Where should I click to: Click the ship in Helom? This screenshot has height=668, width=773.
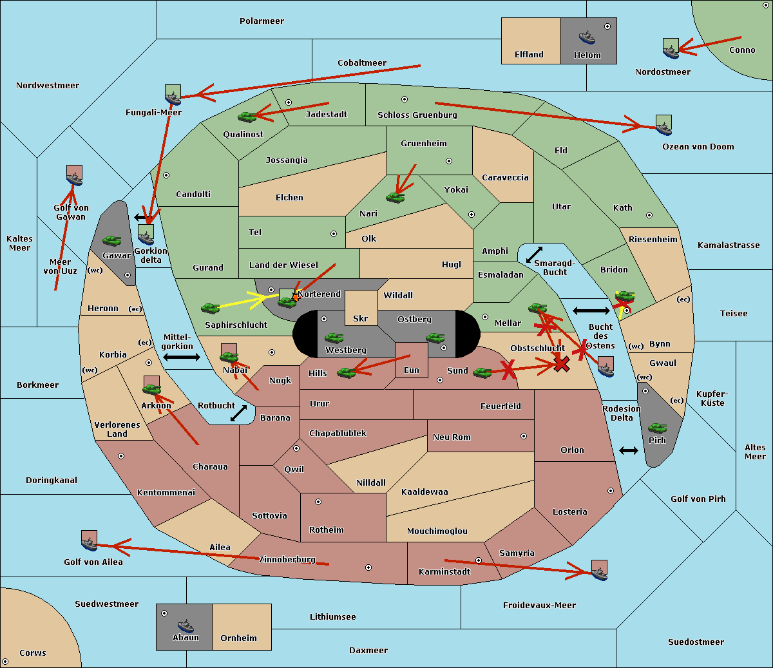tap(587, 37)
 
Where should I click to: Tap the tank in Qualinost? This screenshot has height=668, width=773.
tap(247, 117)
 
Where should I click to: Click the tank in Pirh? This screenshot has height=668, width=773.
tap(657, 428)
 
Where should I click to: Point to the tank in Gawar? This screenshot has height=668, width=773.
tap(112, 240)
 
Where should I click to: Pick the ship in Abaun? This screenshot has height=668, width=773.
tap(186, 626)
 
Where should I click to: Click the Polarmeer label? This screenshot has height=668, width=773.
tap(262, 21)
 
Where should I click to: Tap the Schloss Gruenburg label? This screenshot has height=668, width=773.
tap(417, 115)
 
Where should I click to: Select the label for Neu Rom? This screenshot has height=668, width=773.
tap(452, 437)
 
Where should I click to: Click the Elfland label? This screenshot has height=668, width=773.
tap(529, 54)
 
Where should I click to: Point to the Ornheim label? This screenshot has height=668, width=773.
tap(238, 638)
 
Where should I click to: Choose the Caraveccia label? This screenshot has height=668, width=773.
tap(505, 177)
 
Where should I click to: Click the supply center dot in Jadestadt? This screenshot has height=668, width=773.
tap(289, 102)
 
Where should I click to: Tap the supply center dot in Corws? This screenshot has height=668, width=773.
tap(5, 661)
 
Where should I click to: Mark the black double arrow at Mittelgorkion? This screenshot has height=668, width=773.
tap(182, 357)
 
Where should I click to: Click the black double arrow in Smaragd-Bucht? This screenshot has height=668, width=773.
tap(534, 254)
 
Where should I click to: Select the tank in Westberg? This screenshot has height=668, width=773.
tap(334, 338)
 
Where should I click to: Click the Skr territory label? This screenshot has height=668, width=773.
tap(360, 318)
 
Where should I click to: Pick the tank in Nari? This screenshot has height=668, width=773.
tap(396, 197)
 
